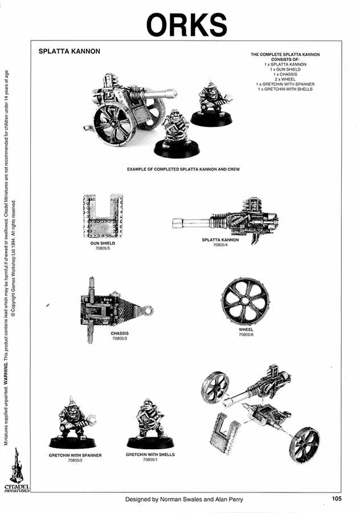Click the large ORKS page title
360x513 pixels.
tap(186, 24)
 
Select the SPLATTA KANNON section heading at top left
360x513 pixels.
tap(69, 51)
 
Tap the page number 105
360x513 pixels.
tap(336, 499)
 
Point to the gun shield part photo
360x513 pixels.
tap(103, 216)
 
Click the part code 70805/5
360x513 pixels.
tap(103, 249)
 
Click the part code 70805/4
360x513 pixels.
tap(220, 245)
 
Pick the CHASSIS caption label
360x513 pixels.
tap(120, 333)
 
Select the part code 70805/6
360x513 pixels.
tap(246, 335)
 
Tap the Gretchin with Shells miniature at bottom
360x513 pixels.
tap(149, 424)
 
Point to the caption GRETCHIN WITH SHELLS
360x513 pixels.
tap(150, 455)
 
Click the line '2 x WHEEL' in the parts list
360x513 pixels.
tap(285, 79)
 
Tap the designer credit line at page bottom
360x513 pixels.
tap(185, 499)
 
